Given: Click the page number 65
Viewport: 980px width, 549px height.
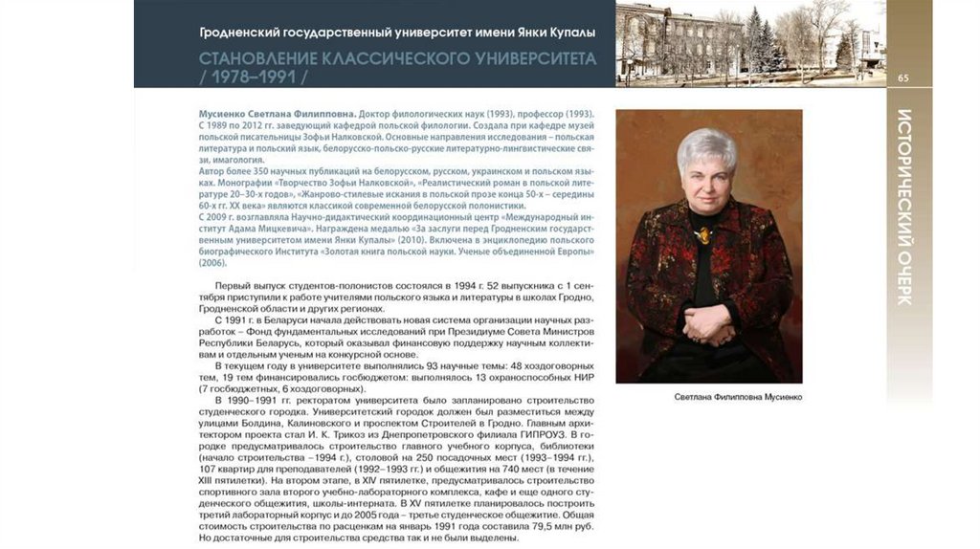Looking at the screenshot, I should coord(902,77).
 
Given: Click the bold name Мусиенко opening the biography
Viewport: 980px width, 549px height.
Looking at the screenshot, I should coord(226,114).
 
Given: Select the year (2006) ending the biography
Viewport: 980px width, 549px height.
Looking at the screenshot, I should coord(212,262).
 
